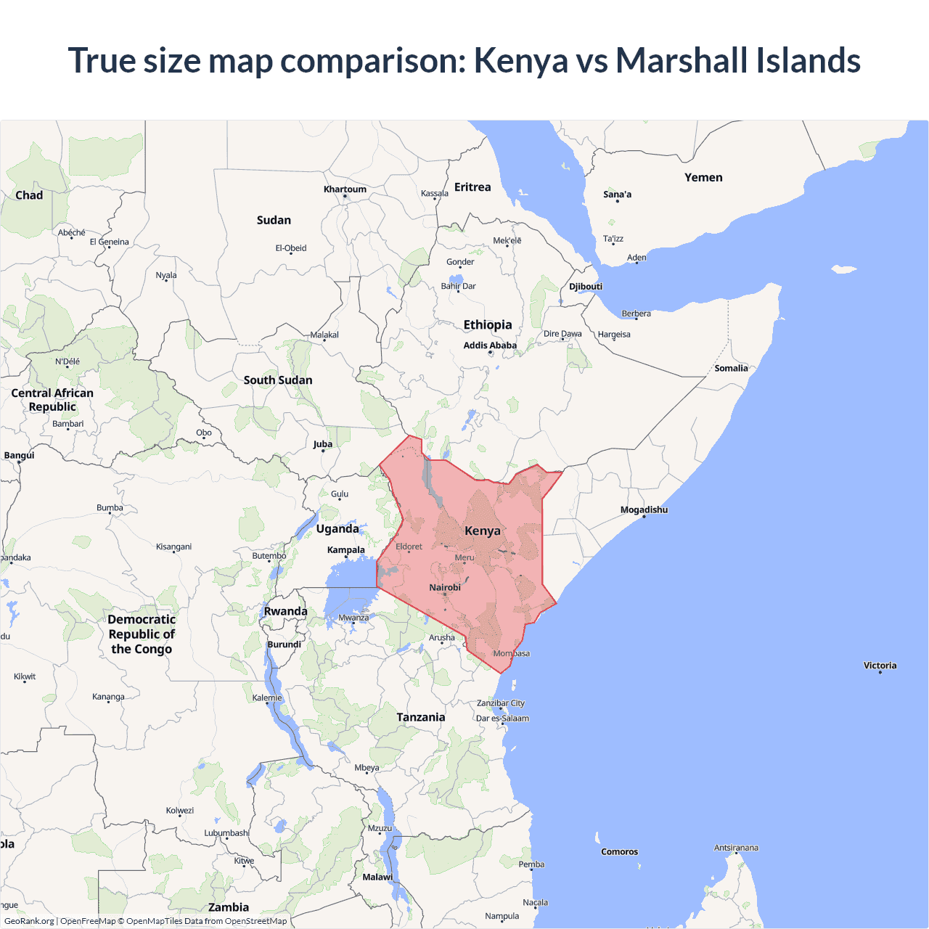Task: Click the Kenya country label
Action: (x=483, y=531)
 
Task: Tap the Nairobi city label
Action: (x=445, y=588)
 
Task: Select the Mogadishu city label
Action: (x=644, y=510)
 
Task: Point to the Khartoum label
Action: (x=345, y=189)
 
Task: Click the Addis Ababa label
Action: (x=490, y=345)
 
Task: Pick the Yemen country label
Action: (x=703, y=178)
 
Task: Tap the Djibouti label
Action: (x=586, y=287)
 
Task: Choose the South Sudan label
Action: (x=278, y=380)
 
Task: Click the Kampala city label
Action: (x=345, y=550)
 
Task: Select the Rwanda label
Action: (x=285, y=612)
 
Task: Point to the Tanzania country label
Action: (x=421, y=718)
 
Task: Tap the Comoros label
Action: (x=619, y=852)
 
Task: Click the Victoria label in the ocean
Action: (x=880, y=666)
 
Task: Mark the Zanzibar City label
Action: (x=500, y=703)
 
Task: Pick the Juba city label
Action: (x=323, y=444)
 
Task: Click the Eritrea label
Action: (x=472, y=187)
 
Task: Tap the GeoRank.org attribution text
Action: (x=29, y=921)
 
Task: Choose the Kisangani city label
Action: (x=173, y=547)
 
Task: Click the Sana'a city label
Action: (x=617, y=195)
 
